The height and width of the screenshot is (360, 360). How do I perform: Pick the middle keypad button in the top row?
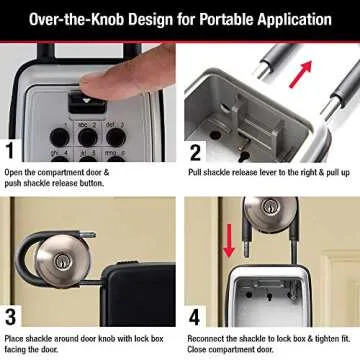click(88, 135)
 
